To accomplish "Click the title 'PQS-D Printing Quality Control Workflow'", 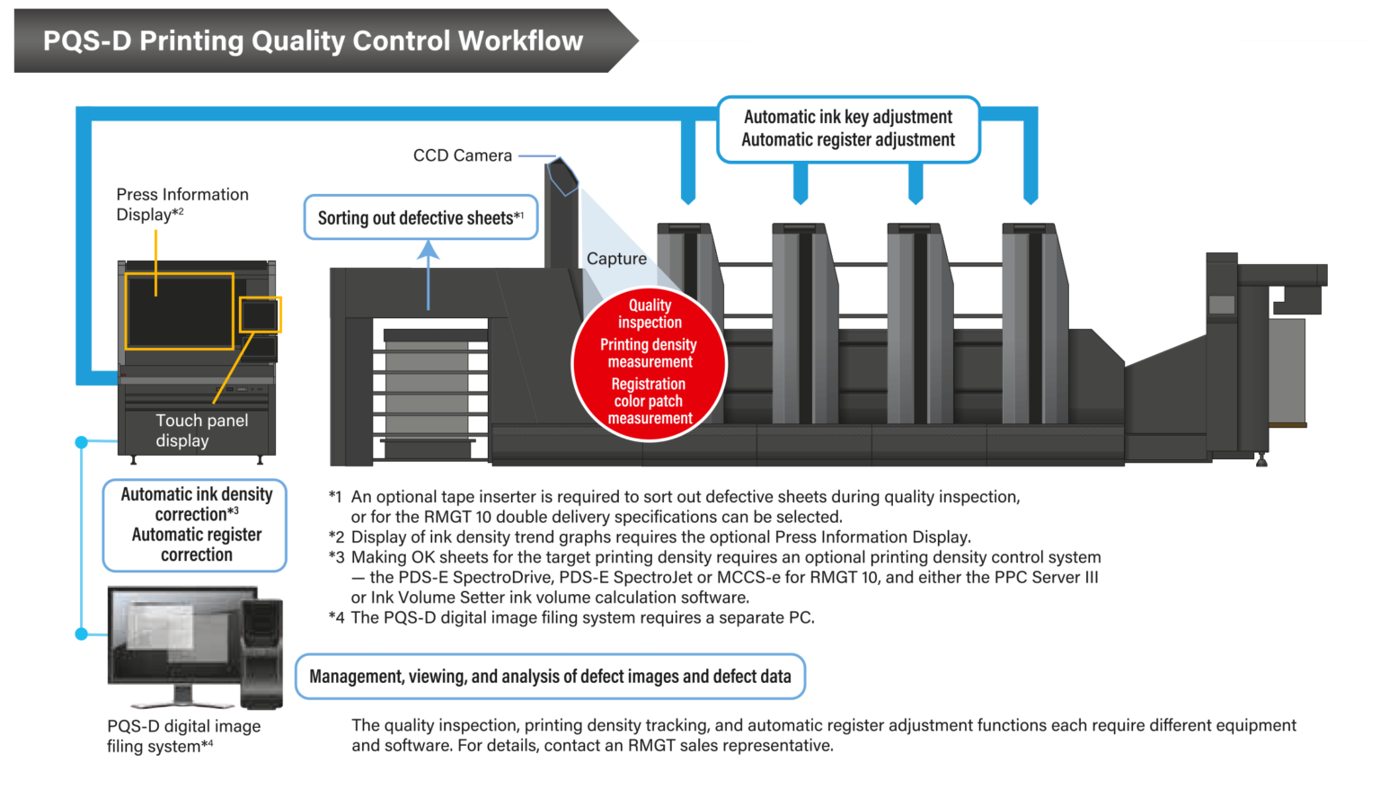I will point(313,41).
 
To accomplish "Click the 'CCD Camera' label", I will point(462,155).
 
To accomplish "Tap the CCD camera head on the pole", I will point(562,175).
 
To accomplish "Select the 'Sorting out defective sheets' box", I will point(420,217).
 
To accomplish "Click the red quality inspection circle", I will point(649,363).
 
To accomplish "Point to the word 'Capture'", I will point(616,259).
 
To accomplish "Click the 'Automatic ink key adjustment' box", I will point(848,129).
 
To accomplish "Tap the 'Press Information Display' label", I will point(182,204).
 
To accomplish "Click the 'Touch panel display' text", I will point(201,430).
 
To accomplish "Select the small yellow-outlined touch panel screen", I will point(260,315).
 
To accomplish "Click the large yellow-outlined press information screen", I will point(179,311).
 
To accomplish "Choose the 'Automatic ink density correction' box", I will point(196,525).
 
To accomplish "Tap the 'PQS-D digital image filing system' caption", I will point(183,736).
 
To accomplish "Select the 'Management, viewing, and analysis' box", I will point(550,677).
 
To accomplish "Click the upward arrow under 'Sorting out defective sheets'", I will point(429,274).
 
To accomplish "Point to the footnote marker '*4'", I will point(336,617).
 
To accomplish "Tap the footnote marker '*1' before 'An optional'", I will point(335,497).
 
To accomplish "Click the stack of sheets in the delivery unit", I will point(427,386).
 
